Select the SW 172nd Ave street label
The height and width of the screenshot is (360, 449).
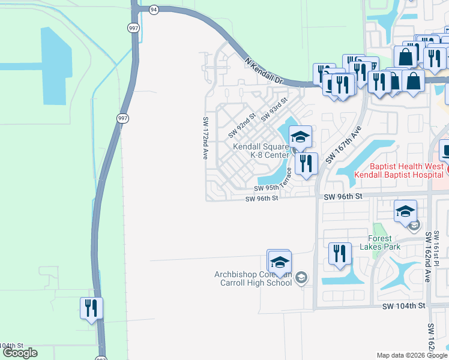click(205, 137)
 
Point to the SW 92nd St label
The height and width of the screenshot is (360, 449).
click(242, 125)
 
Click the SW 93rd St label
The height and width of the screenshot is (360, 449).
click(274, 109)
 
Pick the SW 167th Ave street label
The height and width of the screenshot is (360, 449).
click(342, 145)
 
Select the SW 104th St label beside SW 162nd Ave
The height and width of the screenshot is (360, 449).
click(403, 305)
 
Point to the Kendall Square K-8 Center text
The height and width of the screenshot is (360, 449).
click(261, 151)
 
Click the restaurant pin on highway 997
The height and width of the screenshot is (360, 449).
click(91, 308)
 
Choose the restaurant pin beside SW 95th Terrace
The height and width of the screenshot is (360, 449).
click(307, 163)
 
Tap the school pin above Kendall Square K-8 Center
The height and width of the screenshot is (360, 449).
click(300, 137)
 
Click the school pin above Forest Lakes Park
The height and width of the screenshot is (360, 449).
click(405, 211)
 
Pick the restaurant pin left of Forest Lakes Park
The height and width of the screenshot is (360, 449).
click(340, 254)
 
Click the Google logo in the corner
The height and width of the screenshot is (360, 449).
click(20, 353)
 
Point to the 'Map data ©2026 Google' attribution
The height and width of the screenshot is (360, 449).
click(412, 355)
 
